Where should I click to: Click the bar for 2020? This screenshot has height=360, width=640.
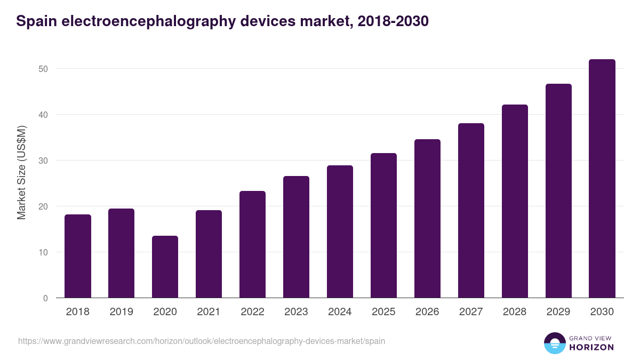[165, 267]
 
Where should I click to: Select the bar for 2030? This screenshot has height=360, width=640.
[602, 179]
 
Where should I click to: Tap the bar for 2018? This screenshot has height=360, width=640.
[78, 256]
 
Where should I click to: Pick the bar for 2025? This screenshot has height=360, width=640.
[383, 226]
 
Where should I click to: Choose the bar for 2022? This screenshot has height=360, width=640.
[252, 244]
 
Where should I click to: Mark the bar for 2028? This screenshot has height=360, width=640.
[515, 201]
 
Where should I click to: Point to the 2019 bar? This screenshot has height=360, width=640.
[121, 253]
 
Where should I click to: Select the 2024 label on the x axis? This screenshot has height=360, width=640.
[340, 312]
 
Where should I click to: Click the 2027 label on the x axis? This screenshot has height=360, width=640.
[471, 312]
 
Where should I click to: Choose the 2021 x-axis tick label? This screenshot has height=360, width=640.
[209, 312]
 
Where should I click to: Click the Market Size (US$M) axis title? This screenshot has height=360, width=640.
[21, 172]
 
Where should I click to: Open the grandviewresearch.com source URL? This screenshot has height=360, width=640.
[202, 341]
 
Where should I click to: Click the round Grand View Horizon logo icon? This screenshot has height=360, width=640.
[555, 343]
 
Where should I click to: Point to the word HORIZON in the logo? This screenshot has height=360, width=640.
[591, 347]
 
